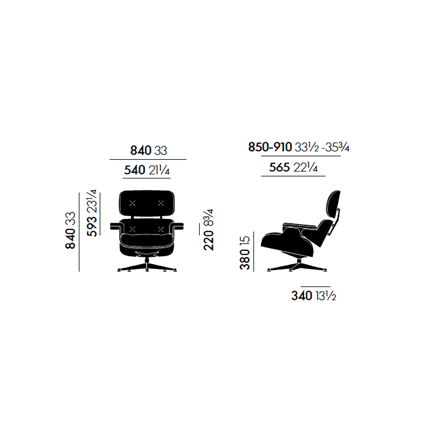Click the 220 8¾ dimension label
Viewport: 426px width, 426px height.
tap(208, 230)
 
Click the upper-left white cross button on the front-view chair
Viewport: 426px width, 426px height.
tap(134, 202)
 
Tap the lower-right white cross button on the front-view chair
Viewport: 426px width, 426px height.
tap(160, 229)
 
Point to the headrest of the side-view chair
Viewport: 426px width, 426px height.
tap(332, 204)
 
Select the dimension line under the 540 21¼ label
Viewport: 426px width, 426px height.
tap(147, 178)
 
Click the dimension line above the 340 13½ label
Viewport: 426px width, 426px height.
tap(316, 286)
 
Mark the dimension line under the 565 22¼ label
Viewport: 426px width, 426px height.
tap(293, 175)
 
